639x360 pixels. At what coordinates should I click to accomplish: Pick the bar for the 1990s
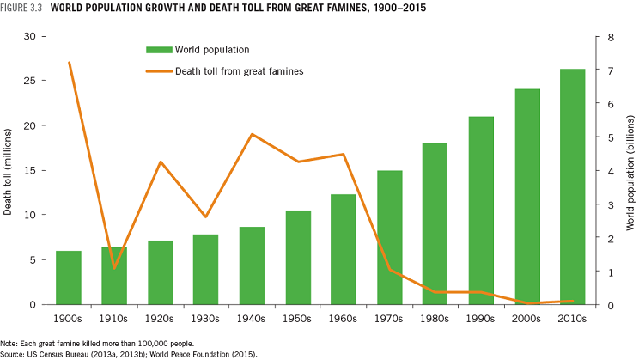tap(481, 211)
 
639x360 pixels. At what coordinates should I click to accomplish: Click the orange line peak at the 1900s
tap(69, 63)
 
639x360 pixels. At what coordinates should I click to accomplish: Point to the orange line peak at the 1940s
tap(252, 134)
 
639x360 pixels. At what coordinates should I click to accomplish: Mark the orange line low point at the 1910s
tap(114, 269)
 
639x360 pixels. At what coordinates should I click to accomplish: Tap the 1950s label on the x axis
tap(298, 318)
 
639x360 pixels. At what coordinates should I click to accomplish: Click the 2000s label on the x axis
tap(526, 318)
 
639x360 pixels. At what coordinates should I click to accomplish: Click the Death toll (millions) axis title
tap(8, 171)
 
